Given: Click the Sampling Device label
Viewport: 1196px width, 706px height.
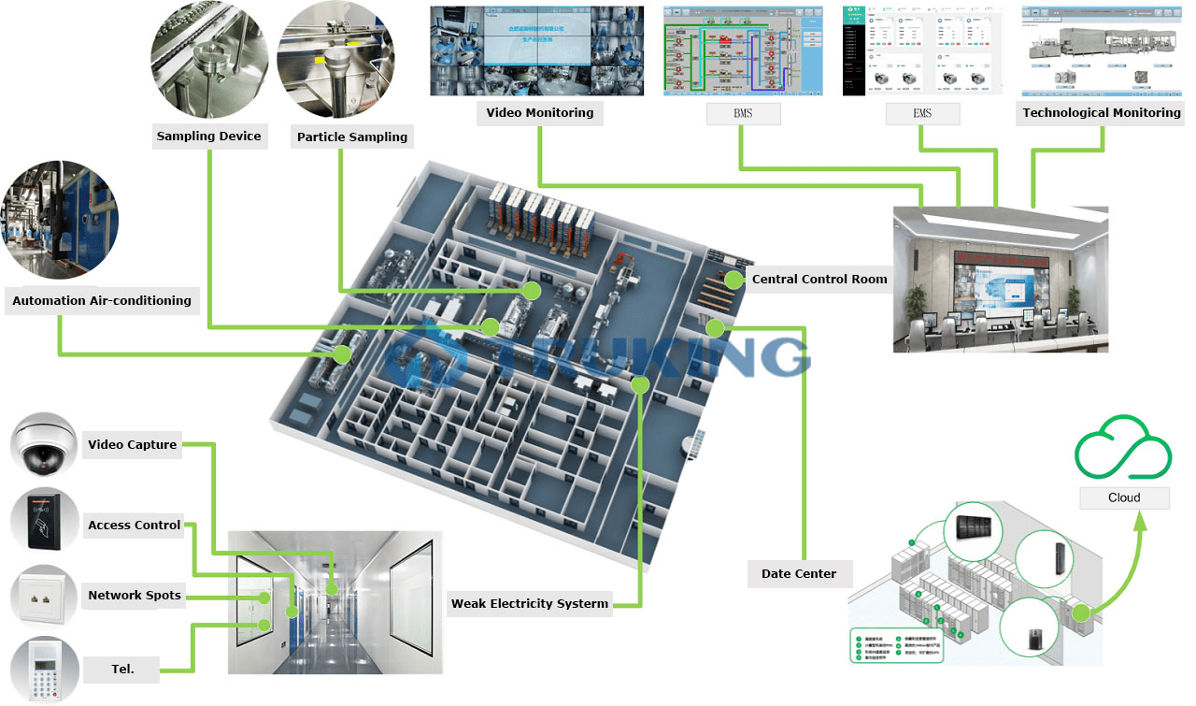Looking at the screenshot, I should [x=209, y=137].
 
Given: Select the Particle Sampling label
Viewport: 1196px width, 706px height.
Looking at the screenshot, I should [x=352, y=137].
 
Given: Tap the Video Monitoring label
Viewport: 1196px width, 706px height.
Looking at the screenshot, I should [x=539, y=113].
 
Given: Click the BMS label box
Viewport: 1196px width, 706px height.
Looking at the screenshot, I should [x=743, y=114].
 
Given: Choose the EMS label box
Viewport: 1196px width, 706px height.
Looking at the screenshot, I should [x=922, y=114].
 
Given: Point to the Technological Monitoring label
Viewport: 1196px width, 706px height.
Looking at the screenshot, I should [x=1101, y=113].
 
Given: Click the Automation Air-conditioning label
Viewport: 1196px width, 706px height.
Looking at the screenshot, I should [x=102, y=301].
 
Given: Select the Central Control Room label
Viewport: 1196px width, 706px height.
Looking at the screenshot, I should [x=819, y=280].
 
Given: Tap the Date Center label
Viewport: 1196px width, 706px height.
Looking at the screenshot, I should [x=798, y=574].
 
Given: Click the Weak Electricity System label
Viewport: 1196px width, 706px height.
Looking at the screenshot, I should [x=529, y=604].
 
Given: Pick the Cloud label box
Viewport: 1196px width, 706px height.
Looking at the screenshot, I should [x=1124, y=498].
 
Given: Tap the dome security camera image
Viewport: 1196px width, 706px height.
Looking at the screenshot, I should [x=43, y=445].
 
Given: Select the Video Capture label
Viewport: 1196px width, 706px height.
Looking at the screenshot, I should [x=132, y=445].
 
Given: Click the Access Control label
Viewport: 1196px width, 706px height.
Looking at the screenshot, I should [x=134, y=526].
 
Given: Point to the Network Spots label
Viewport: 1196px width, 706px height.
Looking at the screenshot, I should [x=135, y=596].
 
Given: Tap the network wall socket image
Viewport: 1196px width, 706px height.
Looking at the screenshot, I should [x=43, y=596].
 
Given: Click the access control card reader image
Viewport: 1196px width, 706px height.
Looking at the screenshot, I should [x=43, y=521].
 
